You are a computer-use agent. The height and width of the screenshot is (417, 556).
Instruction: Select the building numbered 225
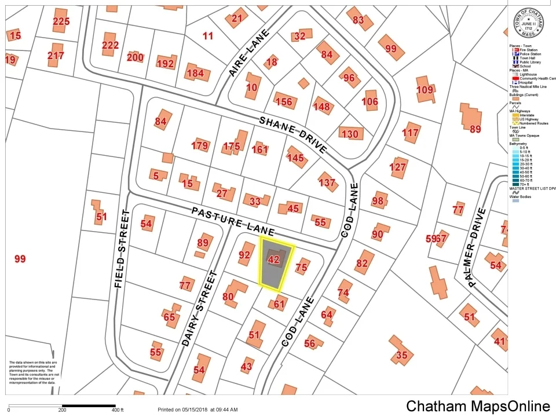click(x=61, y=21)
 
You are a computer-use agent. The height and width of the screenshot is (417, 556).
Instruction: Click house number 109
click(x=425, y=90)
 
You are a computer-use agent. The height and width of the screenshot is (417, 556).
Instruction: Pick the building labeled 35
click(x=401, y=355)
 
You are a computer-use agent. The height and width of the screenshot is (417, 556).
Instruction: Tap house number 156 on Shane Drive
click(x=284, y=102)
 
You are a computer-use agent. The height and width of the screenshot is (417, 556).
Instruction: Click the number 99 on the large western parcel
click(x=20, y=259)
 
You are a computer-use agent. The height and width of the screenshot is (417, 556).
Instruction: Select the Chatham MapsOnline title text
click(x=477, y=406)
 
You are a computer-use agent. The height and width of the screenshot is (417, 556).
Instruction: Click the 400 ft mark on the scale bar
click(x=118, y=410)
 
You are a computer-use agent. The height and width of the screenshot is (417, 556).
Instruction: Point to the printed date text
click(x=197, y=410)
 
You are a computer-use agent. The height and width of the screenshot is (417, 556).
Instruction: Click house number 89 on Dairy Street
click(x=203, y=243)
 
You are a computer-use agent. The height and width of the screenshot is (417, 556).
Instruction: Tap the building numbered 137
click(x=327, y=183)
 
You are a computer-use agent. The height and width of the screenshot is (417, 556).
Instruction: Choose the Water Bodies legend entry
click(x=523, y=197)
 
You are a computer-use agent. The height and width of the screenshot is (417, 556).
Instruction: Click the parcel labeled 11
click(x=208, y=36)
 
